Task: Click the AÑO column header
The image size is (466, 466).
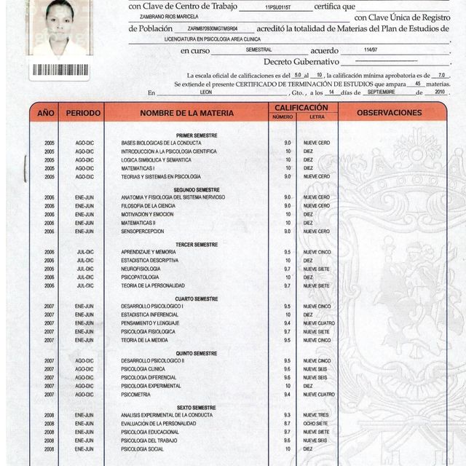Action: tap(46, 113)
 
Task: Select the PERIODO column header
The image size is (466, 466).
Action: tap(84, 113)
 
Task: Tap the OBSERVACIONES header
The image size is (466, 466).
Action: tap(390, 113)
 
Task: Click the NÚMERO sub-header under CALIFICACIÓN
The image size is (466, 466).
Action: tap(283, 117)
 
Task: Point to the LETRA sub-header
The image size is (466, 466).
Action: tap(317, 117)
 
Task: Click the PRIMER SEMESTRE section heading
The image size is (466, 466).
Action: tap(197, 135)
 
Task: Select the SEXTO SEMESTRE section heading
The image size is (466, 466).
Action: tap(197, 408)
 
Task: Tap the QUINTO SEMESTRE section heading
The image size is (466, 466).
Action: tap(197, 353)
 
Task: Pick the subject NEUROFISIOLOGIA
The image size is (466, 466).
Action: tap(141, 269)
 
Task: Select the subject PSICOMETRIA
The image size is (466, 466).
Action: tap(135, 395)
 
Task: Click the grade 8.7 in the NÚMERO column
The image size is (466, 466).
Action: tap(288, 423)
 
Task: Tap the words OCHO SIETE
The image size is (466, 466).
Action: tap(316, 423)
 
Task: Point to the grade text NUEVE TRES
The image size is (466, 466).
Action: tap(317, 415)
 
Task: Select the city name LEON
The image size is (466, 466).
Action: tap(206, 93)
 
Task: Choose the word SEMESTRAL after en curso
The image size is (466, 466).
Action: tap(258, 50)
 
